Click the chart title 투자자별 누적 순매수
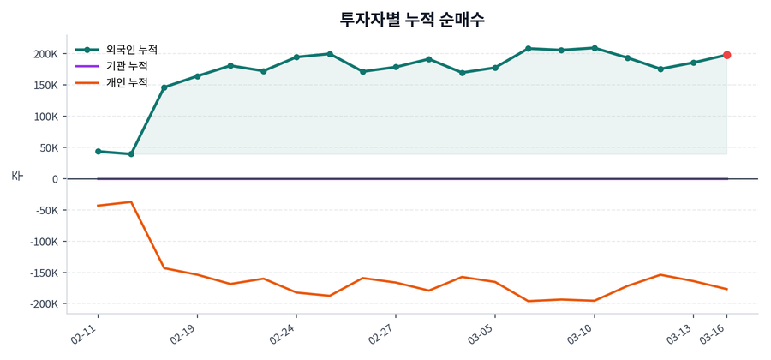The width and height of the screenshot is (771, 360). (413, 19)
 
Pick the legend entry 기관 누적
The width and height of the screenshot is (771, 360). (126, 66)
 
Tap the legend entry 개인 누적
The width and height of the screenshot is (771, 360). (126, 83)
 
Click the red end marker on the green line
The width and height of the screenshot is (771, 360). (726, 55)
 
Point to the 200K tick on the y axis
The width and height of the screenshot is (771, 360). (45, 54)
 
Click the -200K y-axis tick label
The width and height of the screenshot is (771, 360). (43, 304)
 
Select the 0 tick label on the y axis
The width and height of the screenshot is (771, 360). (54, 179)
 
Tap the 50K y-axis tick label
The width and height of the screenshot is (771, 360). (48, 148)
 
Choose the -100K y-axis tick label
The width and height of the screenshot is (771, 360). (43, 242)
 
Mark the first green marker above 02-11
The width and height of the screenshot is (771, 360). (98, 151)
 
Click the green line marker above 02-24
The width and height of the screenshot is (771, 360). (296, 57)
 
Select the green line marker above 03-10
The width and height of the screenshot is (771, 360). (595, 48)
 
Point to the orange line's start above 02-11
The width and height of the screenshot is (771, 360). (98, 206)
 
